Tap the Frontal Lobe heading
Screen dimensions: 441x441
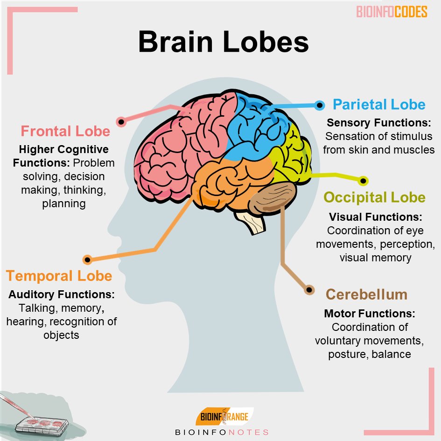(x=65, y=131)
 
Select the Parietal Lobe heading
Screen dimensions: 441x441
(x=379, y=104)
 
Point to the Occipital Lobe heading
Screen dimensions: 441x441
(x=375, y=197)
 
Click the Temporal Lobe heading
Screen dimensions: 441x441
(x=59, y=276)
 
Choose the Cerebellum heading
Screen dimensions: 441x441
(x=366, y=294)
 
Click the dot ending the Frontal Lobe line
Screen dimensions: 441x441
(x=121, y=122)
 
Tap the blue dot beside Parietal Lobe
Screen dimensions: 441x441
(x=320, y=105)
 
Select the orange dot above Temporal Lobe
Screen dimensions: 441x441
(x=87, y=260)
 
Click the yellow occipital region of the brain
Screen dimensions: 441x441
(x=292, y=154)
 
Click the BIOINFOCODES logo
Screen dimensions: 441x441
(x=392, y=12)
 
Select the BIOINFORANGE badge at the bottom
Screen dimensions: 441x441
(x=222, y=416)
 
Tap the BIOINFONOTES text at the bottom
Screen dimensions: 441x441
(x=222, y=432)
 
